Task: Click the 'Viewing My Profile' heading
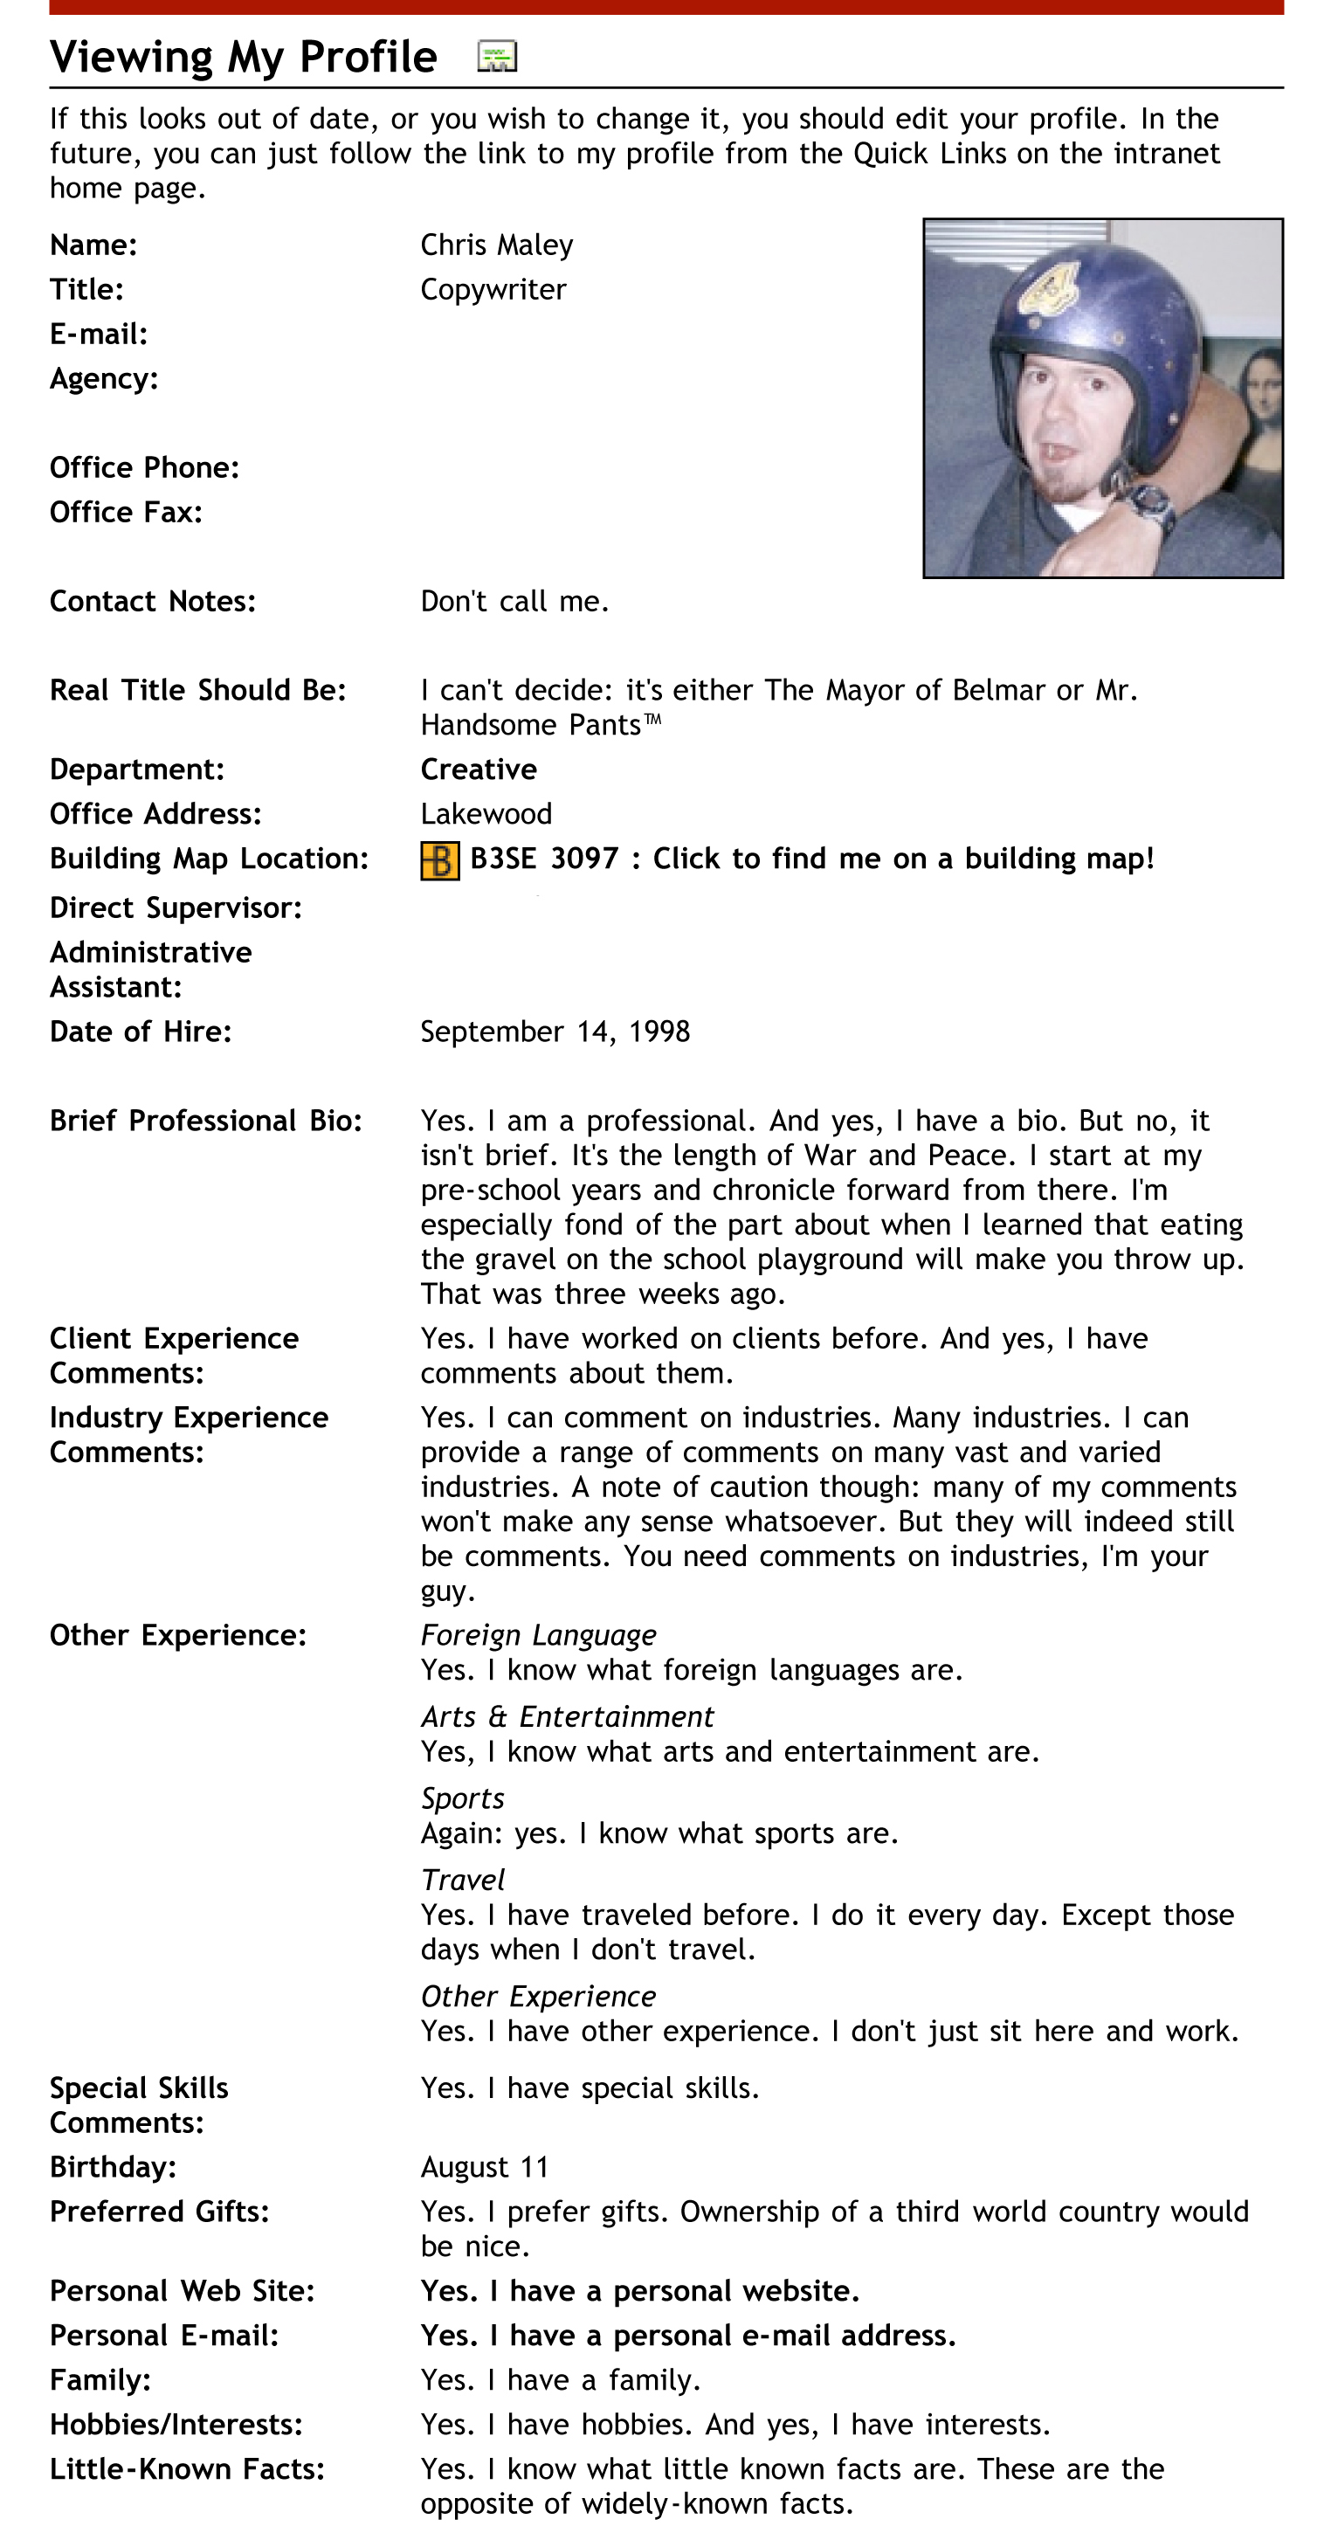(244, 57)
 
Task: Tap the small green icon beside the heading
(496, 57)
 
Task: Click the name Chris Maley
(496, 245)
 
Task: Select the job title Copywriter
(493, 289)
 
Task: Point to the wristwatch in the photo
(1149, 502)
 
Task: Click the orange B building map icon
(439, 861)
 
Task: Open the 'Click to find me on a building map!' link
(902, 859)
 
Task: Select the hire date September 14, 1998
(555, 1032)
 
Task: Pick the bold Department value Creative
(479, 770)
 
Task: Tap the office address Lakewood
(486, 814)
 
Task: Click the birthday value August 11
(485, 2167)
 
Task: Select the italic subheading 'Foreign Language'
(539, 1636)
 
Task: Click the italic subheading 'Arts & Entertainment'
(567, 1717)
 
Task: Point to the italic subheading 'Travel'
(462, 1880)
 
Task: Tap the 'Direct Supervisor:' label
(176, 908)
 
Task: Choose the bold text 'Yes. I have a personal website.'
(639, 2291)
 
